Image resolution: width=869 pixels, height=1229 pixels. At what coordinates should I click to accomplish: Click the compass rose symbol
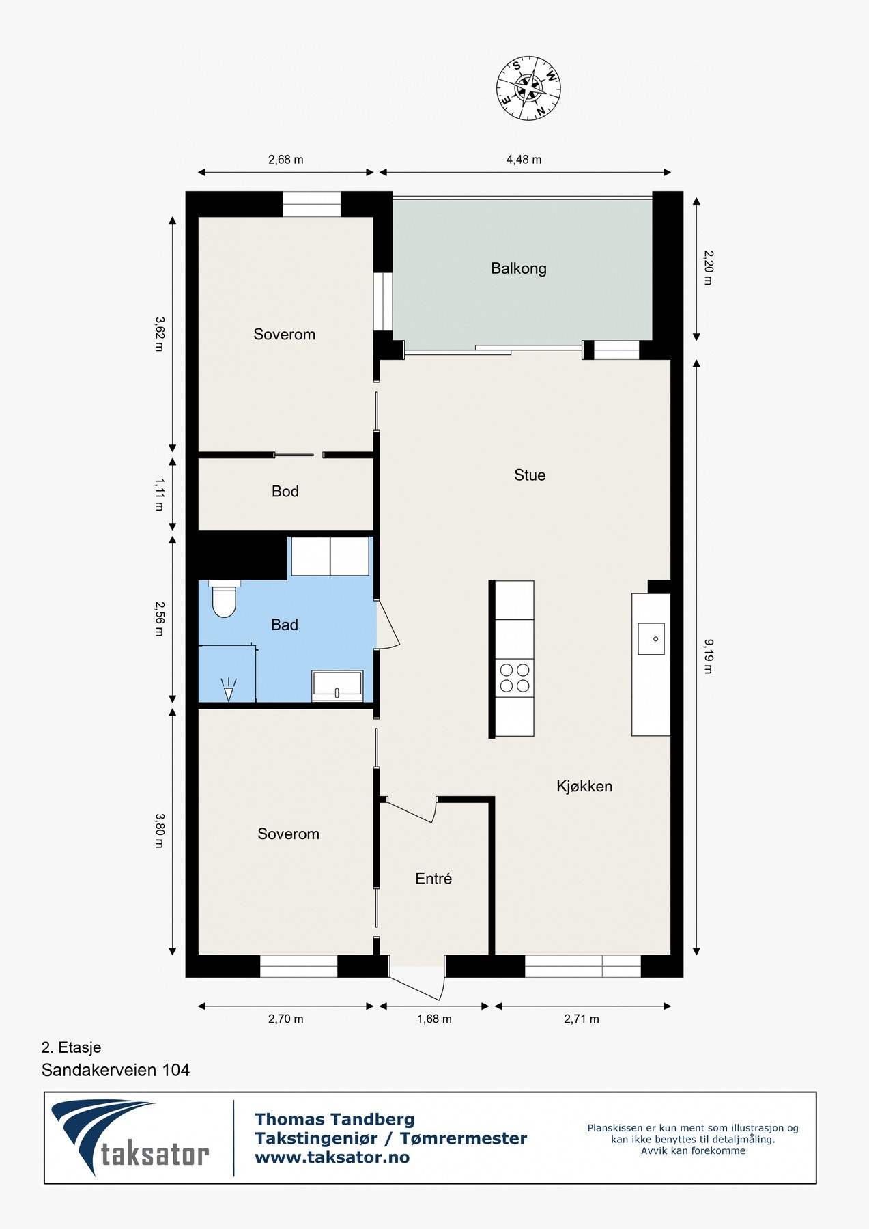[x=528, y=87]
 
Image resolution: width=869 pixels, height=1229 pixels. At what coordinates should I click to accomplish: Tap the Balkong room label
[x=519, y=268]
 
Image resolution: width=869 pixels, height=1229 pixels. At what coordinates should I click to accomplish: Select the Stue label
[x=530, y=475]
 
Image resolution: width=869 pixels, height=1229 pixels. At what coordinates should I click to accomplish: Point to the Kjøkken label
[x=584, y=787]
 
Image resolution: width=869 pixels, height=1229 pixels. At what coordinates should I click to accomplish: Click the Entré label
[x=433, y=879]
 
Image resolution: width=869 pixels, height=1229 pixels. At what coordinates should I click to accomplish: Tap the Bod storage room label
[x=285, y=492]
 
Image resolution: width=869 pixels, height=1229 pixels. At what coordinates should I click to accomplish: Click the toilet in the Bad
[x=224, y=599]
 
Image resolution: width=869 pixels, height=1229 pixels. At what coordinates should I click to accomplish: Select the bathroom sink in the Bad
[x=337, y=686]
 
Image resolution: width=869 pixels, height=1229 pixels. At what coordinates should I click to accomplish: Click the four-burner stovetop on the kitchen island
[x=515, y=677]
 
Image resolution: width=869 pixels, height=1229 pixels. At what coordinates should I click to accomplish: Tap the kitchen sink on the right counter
[x=651, y=639]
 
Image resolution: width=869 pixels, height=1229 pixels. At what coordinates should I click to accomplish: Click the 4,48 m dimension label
[x=524, y=160]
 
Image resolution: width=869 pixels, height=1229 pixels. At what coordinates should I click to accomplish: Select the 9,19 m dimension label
[x=708, y=656]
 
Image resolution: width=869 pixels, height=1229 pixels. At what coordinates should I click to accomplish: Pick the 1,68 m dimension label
[x=434, y=1019]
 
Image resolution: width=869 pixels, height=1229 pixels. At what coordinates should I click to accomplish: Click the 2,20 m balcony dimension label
[x=708, y=267]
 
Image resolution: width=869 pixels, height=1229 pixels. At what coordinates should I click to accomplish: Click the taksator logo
[x=130, y=1138]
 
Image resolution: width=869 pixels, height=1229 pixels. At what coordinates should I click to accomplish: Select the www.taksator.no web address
[x=332, y=1157]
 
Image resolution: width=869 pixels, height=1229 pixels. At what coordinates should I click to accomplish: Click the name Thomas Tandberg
[x=334, y=1119]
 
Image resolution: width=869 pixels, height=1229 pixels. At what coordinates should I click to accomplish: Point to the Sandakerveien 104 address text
[x=115, y=1070]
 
